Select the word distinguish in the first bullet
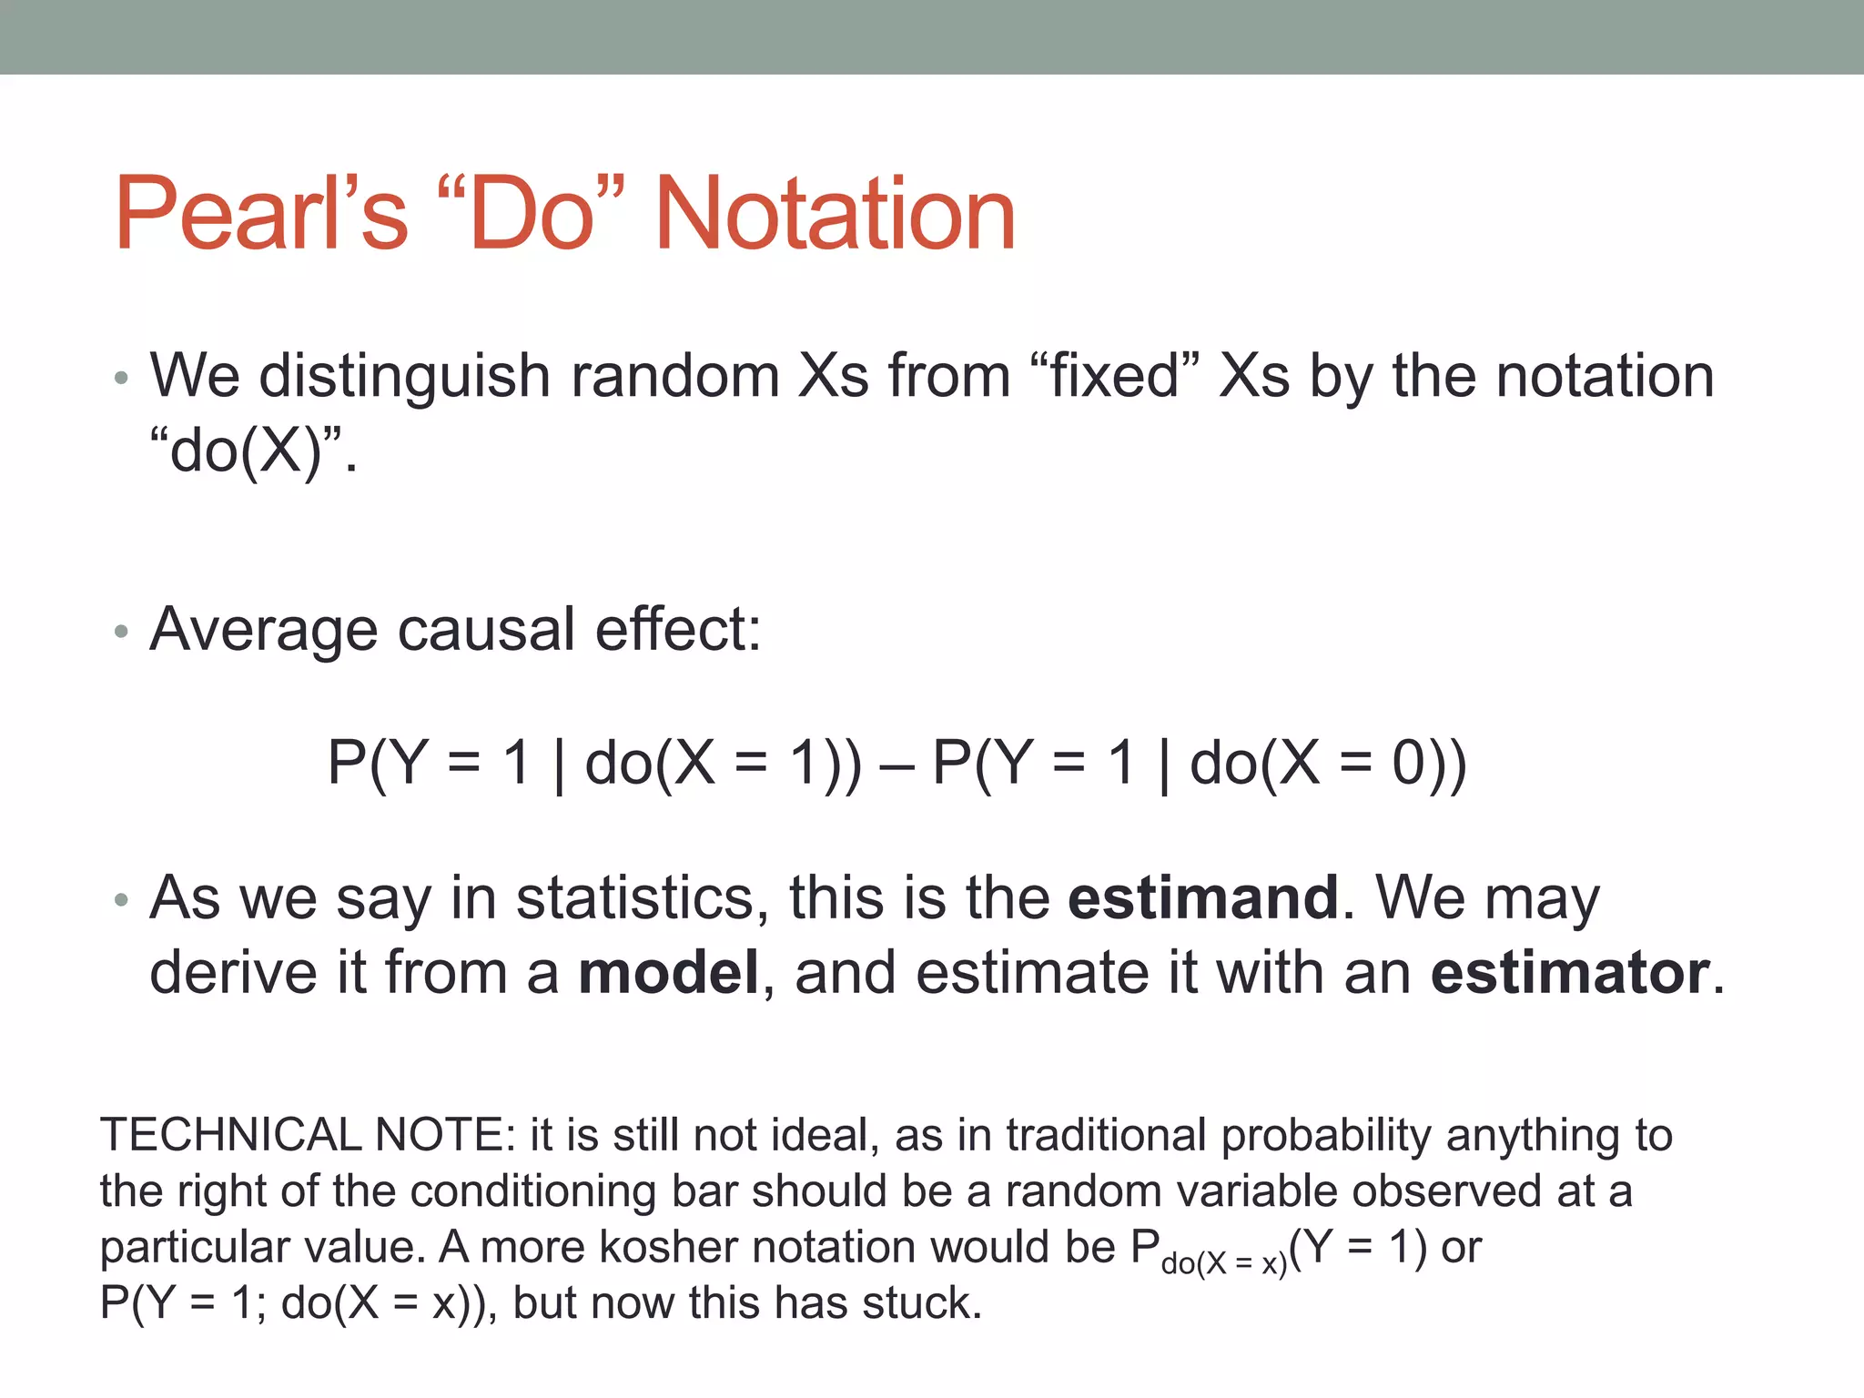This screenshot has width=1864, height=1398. [x=404, y=375]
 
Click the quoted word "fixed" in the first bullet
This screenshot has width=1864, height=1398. [x=1115, y=375]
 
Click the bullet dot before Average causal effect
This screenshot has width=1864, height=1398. [x=121, y=632]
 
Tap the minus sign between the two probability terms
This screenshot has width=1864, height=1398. [x=897, y=765]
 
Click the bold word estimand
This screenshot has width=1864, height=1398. [x=1202, y=897]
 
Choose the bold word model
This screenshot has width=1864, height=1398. [x=668, y=972]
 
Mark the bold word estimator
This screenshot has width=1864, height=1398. [x=1570, y=972]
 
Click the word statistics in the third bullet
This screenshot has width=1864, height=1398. [x=634, y=897]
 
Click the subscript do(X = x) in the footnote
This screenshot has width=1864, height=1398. [x=1223, y=1263]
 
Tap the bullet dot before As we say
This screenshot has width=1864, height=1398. [x=121, y=901]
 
